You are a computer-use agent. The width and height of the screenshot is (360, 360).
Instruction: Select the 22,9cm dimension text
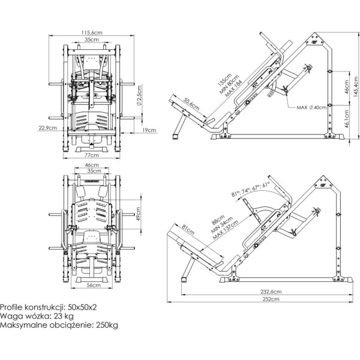tap(47, 128)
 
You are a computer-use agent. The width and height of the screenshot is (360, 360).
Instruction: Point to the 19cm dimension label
tap(150, 129)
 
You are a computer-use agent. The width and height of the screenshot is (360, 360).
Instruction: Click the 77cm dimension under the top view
tap(92, 155)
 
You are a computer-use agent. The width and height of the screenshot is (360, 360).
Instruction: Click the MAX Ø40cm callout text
tap(312, 107)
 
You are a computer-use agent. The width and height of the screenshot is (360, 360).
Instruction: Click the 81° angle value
tap(234, 193)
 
